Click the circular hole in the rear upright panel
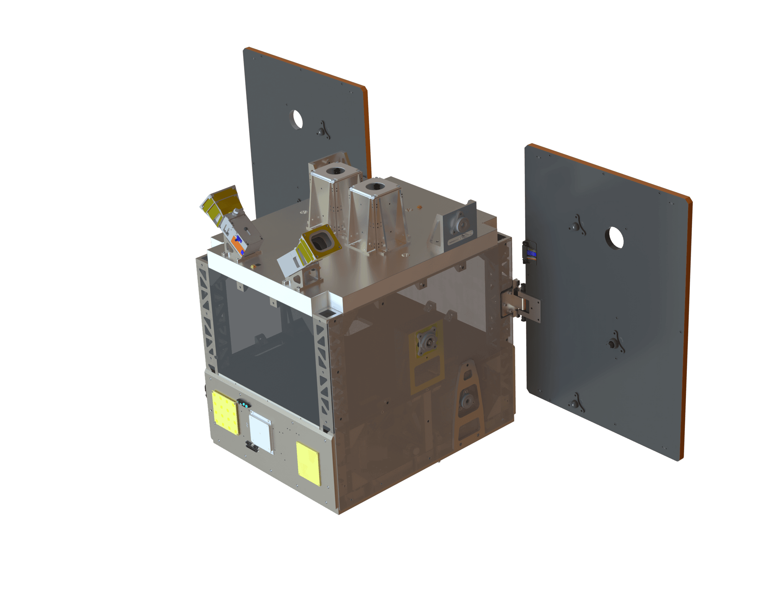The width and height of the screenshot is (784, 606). coord(296,119)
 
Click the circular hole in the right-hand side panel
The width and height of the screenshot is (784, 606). coord(614,238)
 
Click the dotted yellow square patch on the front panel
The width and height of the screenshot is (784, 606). coord(225,413)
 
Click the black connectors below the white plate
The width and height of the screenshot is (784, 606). coord(251,446)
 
